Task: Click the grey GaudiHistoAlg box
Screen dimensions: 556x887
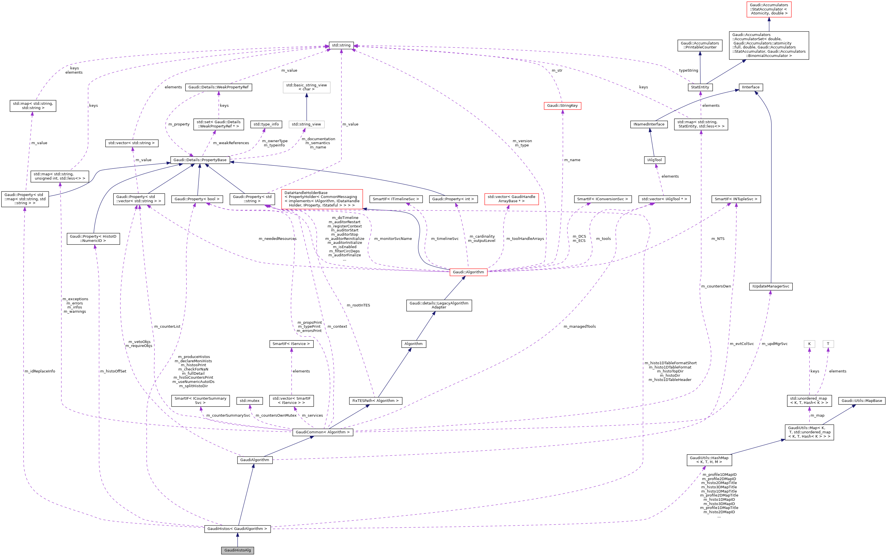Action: pos(238,550)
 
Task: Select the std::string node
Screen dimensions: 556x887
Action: pos(341,45)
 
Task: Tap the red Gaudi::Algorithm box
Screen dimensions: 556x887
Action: pos(468,272)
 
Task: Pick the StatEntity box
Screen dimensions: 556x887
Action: pos(700,87)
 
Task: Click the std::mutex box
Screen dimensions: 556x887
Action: pos(250,401)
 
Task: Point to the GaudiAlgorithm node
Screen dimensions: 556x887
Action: pos(255,460)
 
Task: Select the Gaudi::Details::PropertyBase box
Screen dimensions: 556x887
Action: pos(200,160)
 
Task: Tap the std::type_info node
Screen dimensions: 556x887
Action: pos(266,124)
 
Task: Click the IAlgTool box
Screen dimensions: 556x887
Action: pos(655,160)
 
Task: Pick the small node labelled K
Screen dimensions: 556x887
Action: pos(809,344)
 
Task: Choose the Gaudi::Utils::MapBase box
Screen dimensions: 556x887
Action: pos(862,401)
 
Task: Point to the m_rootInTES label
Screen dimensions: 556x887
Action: pos(358,305)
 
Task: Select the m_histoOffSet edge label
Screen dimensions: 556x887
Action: pos(113,371)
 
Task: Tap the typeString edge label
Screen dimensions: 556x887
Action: pos(689,71)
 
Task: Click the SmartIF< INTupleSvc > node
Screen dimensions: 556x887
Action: pos(736,199)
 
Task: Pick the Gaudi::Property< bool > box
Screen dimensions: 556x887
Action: pos(197,199)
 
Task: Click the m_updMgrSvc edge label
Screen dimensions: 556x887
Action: pos(775,344)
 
